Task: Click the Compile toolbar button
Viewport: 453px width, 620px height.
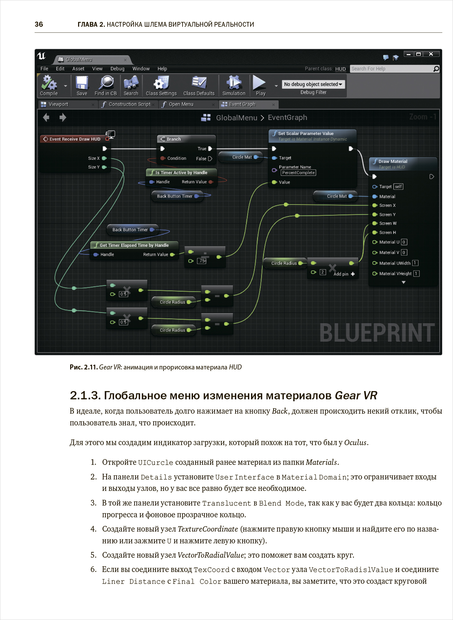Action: click(x=49, y=85)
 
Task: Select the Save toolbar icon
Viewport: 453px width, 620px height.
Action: click(x=82, y=85)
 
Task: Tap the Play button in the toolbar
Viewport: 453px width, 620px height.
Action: click(x=260, y=85)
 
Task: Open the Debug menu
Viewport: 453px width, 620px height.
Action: click(x=117, y=69)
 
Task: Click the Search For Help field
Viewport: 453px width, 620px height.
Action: click(x=392, y=69)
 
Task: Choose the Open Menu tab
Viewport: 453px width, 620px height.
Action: click(x=181, y=104)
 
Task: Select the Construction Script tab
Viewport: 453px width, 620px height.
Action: click(x=129, y=104)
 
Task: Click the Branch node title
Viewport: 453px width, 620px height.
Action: click(x=174, y=139)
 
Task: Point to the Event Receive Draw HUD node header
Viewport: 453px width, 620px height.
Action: click(x=75, y=139)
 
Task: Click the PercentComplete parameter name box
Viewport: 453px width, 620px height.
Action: click(x=298, y=173)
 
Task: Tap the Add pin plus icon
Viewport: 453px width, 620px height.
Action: click(x=353, y=274)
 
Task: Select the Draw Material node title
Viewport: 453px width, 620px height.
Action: click(x=393, y=162)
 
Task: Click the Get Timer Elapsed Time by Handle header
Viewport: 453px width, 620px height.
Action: click(x=134, y=245)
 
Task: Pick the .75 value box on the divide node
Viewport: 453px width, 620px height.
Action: click(x=202, y=261)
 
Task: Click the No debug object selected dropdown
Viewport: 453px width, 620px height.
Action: click(x=313, y=84)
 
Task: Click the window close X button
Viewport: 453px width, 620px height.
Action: click(x=431, y=54)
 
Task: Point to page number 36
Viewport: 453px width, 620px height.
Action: click(x=39, y=24)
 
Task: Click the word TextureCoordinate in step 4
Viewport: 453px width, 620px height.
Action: click(x=208, y=529)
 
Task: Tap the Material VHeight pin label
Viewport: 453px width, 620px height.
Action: click(x=395, y=274)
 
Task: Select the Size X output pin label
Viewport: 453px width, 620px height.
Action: click(x=94, y=158)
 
